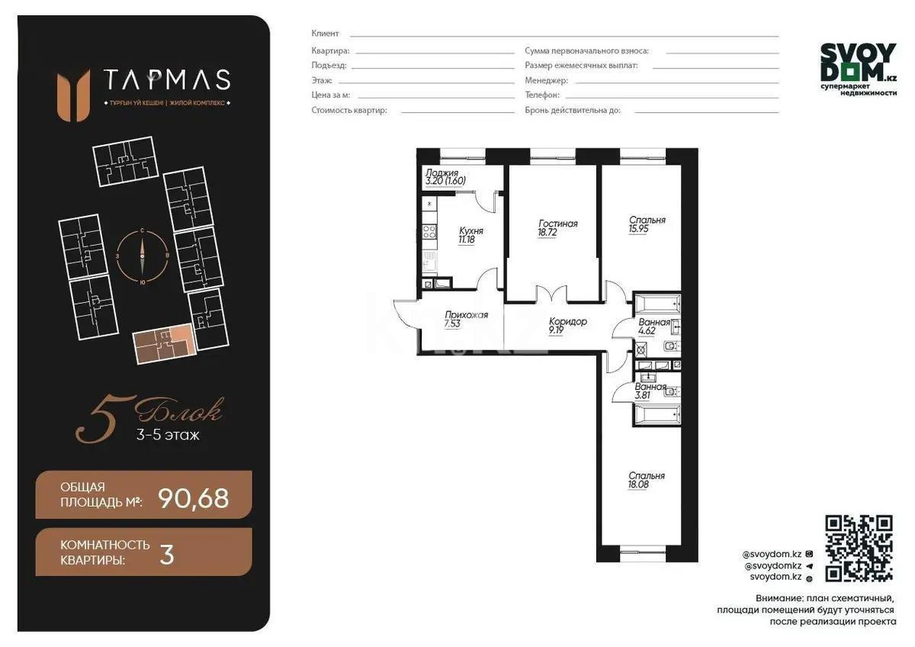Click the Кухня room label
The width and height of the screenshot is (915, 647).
(x=470, y=234)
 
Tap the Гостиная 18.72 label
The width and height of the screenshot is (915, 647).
(x=557, y=229)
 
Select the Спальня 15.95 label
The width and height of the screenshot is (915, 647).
(x=647, y=224)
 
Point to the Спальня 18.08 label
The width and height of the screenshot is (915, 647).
(x=647, y=480)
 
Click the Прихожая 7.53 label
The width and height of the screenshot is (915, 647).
(x=466, y=319)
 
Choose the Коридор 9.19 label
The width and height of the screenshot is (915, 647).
(x=568, y=327)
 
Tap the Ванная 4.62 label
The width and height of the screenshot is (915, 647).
(x=653, y=327)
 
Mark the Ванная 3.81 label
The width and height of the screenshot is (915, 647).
(x=650, y=391)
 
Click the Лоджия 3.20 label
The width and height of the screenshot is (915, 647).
(x=445, y=177)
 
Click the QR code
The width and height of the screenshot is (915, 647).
(x=859, y=548)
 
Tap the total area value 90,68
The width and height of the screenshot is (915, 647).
(x=193, y=498)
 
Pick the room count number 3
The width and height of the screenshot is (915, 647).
(x=166, y=555)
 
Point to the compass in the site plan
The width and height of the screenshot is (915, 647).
(x=142, y=256)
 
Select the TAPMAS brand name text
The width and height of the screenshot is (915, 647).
(x=166, y=79)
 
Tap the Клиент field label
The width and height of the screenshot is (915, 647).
(x=325, y=34)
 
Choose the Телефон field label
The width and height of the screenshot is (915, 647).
(x=542, y=95)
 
